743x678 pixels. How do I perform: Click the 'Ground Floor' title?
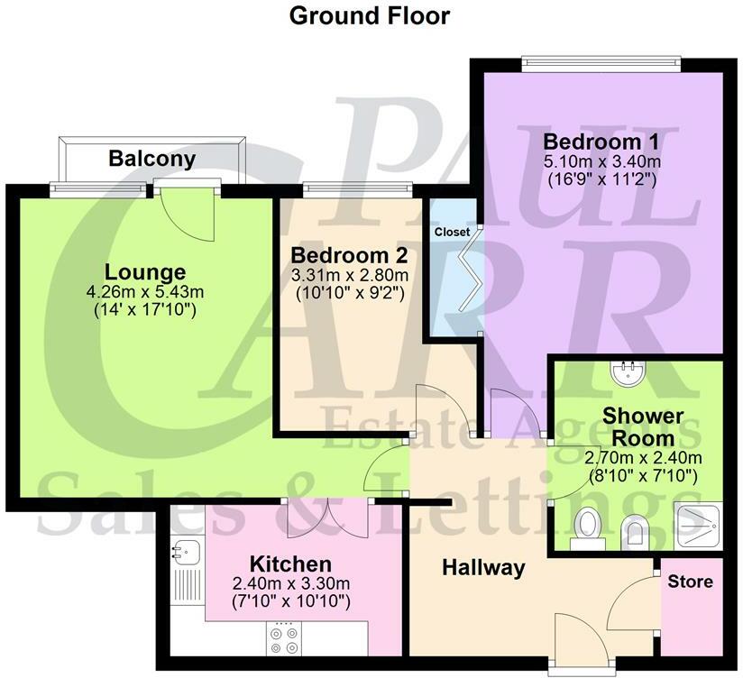click(369, 15)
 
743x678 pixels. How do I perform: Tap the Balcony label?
click(151, 160)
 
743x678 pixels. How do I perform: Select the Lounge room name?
click(145, 271)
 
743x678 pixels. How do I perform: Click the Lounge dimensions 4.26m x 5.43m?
click(145, 292)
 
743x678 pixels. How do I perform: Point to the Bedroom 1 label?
click(601, 142)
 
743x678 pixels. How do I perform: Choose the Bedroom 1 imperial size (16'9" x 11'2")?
click(601, 179)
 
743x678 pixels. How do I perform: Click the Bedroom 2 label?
click(350, 255)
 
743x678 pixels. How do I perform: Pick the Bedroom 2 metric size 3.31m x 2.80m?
click(350, 275)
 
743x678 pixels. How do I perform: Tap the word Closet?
click(452, 232)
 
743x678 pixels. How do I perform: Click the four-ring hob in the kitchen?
click(285, 637)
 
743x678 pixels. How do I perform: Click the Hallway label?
click(483, 567)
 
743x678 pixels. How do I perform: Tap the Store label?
click(690, 582)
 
